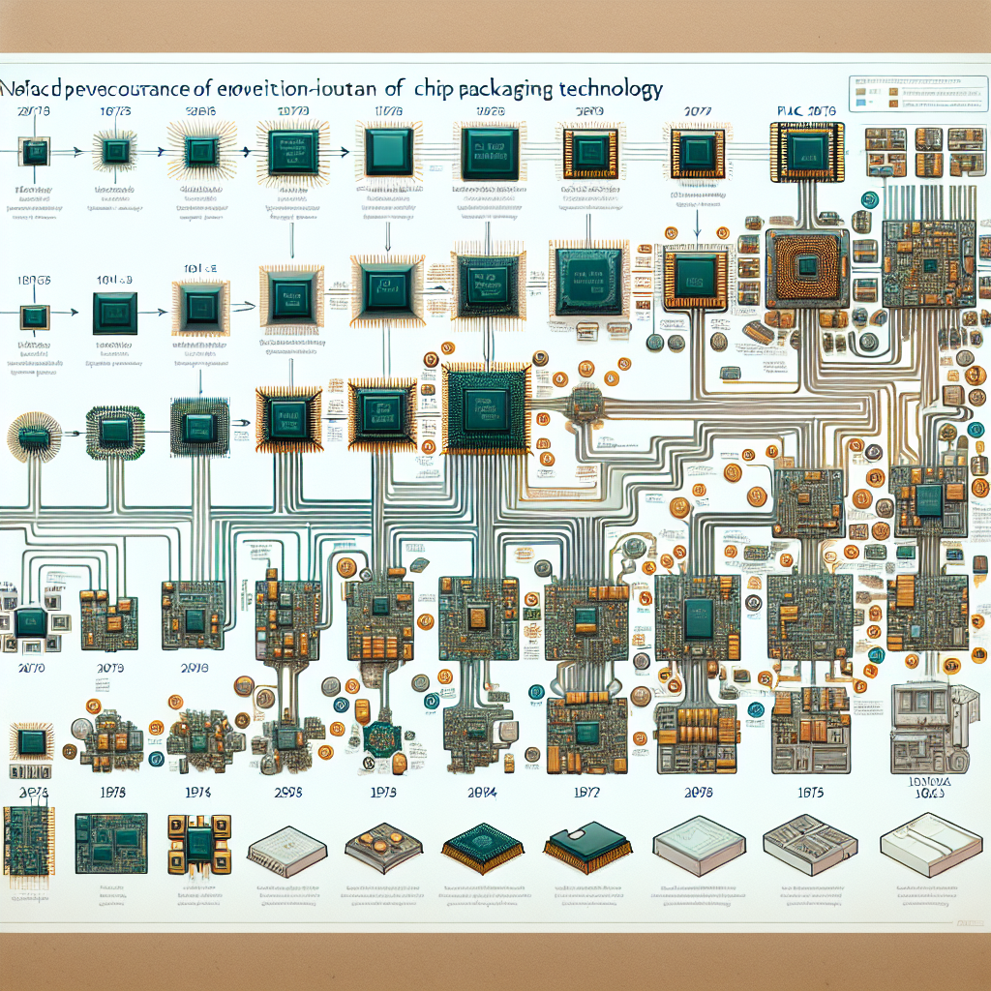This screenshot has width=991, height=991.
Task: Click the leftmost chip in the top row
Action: (x=35, y=151)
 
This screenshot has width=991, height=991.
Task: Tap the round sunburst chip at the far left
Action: (x=33, y=437)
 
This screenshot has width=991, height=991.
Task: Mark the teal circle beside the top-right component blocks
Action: (x=868, y=200)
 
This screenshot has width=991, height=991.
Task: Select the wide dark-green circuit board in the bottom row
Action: (x=110, y=838)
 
